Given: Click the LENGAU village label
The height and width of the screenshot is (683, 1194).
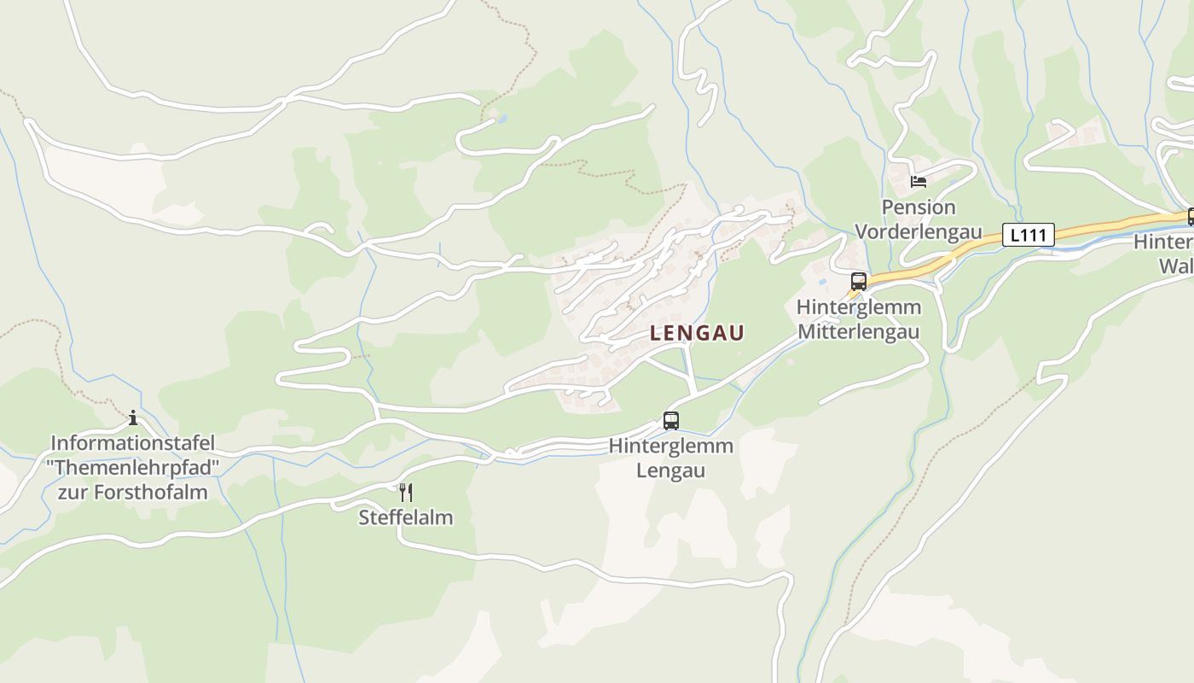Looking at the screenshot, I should point(697,333).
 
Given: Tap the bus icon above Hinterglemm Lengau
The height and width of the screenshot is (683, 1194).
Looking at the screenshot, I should point(671,420).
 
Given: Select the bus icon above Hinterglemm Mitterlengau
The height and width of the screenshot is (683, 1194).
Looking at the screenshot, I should point(859,281).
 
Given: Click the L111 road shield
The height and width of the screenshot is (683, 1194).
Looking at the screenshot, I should point(1028,234).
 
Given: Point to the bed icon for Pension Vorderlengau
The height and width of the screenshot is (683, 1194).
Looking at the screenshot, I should point(919,181).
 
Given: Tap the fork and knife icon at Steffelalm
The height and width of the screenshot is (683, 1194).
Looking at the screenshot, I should point(406,492).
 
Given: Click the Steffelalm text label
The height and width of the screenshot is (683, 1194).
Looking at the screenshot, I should point(405,517).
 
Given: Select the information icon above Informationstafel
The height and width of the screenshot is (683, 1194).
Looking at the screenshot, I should point(133,417).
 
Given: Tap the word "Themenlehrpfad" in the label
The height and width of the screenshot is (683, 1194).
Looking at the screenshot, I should point(133,468).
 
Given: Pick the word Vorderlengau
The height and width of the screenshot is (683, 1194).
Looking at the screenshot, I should point(919,231).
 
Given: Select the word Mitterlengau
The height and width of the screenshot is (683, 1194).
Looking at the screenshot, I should point(859,331).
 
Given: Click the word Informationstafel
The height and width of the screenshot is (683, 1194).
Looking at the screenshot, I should point(133,444).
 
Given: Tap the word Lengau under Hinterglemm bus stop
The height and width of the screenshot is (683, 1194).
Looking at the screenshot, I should point(671,470).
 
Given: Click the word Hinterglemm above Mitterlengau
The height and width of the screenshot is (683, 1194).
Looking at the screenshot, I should point(859,306).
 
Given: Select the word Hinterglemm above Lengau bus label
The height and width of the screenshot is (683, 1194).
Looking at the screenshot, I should point(671,446).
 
